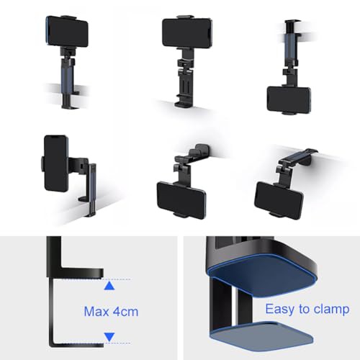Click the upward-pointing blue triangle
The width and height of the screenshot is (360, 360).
pos(109,286)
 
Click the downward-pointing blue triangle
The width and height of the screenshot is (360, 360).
pos(109,337)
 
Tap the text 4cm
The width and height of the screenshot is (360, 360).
pos(125,312)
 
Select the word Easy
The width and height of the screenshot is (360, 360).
pos(280,309)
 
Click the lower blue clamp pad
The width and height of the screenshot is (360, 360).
pos(261,336)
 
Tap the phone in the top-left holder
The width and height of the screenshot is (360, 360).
pos(67,31)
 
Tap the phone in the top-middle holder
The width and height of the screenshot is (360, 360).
pos(187,32)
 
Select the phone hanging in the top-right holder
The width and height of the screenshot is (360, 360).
pos(289,99)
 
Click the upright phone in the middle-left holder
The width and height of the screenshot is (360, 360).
pos(56,163)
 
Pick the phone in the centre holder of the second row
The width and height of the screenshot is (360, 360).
pos(181,200)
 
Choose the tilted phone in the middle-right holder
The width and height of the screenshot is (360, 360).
pos(279,200)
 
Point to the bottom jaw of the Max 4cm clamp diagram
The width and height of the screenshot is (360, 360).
pos(77,344)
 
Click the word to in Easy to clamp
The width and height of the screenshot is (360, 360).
pos(305,309)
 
